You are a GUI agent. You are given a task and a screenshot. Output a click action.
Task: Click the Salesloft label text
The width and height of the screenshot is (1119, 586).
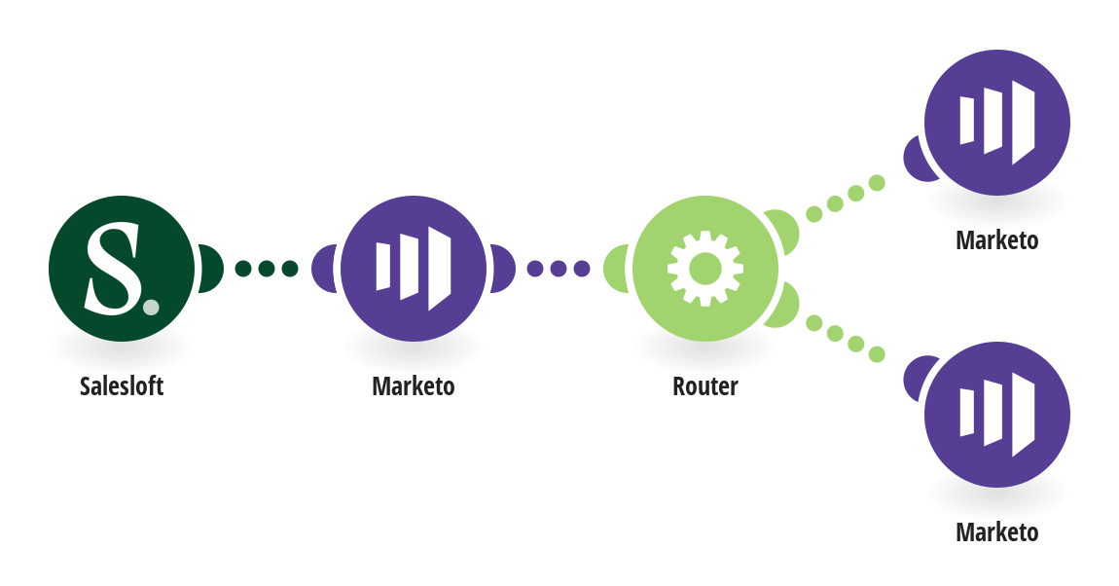tap(122, 386)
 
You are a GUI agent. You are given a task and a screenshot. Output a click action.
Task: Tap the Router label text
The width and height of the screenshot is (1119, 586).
tap(705, 386)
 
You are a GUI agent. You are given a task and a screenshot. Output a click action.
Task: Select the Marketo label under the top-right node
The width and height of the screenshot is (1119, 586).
tap(997, 239)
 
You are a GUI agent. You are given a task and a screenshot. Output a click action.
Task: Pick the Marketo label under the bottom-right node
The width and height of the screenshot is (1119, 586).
tap(997, 531)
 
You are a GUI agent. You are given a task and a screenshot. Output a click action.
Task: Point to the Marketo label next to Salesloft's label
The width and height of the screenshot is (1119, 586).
tap(414, 386)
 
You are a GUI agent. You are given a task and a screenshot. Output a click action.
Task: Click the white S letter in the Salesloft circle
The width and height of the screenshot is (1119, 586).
tap(113, 269)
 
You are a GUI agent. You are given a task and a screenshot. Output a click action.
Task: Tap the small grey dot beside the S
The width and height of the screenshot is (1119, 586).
tap(151, 307)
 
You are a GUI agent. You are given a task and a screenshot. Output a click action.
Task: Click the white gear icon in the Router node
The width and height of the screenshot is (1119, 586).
tap(705, 269)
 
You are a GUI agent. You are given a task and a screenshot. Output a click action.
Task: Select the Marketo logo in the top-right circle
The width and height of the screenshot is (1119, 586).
tap(997, 123)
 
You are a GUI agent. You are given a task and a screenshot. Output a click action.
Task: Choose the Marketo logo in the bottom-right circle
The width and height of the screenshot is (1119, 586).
tap(997, 415)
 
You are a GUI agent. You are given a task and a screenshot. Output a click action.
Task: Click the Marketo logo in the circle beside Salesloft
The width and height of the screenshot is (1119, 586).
tap(414, 269)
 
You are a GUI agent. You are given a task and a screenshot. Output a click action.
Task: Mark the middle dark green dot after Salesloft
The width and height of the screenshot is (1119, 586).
tap(267, 269)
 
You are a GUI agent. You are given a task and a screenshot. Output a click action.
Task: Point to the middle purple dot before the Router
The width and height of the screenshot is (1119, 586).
tap(559, 269)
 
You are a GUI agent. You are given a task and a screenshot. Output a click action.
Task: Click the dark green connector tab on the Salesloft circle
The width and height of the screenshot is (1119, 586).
tap(210, 269)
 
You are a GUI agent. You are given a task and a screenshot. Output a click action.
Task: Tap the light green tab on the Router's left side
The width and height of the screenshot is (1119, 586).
tap(616, 269)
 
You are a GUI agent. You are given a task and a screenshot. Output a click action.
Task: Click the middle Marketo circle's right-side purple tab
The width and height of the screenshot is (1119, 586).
tap(502, 269)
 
